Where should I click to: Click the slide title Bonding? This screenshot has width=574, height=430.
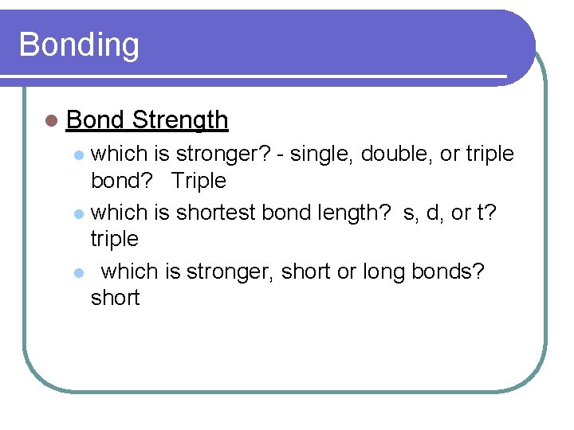(x=78, y=45)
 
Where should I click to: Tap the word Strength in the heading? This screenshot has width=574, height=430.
(x=180, y=120)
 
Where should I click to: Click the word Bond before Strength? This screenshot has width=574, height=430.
(x=95, y=120)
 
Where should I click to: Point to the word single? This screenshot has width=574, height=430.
(x=321, y=153)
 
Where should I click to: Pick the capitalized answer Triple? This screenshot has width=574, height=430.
(x=199, y=181)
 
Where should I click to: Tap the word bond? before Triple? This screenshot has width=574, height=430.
(x=120, y=181)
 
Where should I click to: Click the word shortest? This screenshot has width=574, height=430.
(x=214, y=213)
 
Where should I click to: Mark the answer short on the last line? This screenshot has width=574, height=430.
(x=115, y=298)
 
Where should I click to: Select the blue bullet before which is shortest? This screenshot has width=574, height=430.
(x=78, y=214)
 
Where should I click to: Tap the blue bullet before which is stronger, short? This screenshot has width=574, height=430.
(x=78, y=273)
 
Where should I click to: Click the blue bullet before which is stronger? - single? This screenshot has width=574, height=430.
(x=78, y=154)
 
